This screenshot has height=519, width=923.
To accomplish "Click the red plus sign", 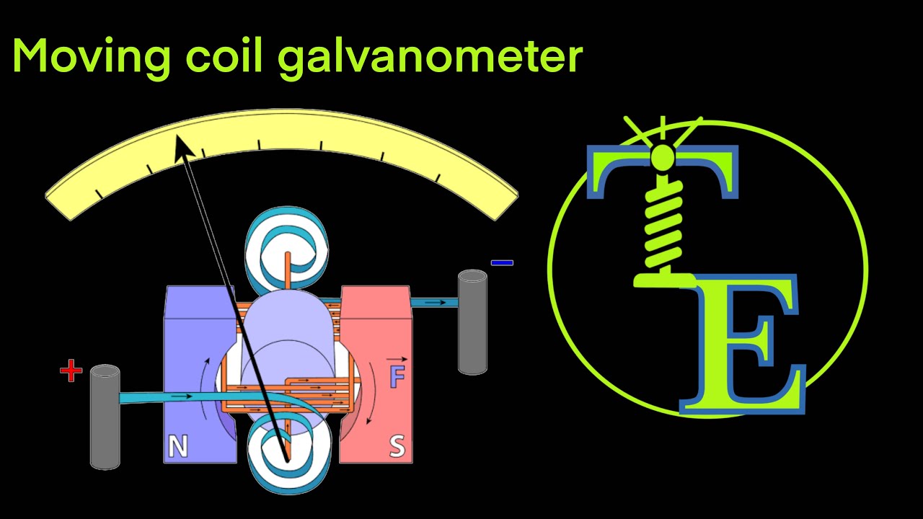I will tap(71, 372).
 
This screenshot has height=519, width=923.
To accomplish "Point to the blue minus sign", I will tap(502, 263).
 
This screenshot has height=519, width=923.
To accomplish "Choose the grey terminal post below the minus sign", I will tap(472, 321).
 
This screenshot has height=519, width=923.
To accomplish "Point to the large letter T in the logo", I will tap(663, 173).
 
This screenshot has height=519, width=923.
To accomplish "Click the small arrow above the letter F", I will tap(396, 359).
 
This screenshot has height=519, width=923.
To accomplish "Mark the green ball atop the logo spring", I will tap(662, 156).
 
